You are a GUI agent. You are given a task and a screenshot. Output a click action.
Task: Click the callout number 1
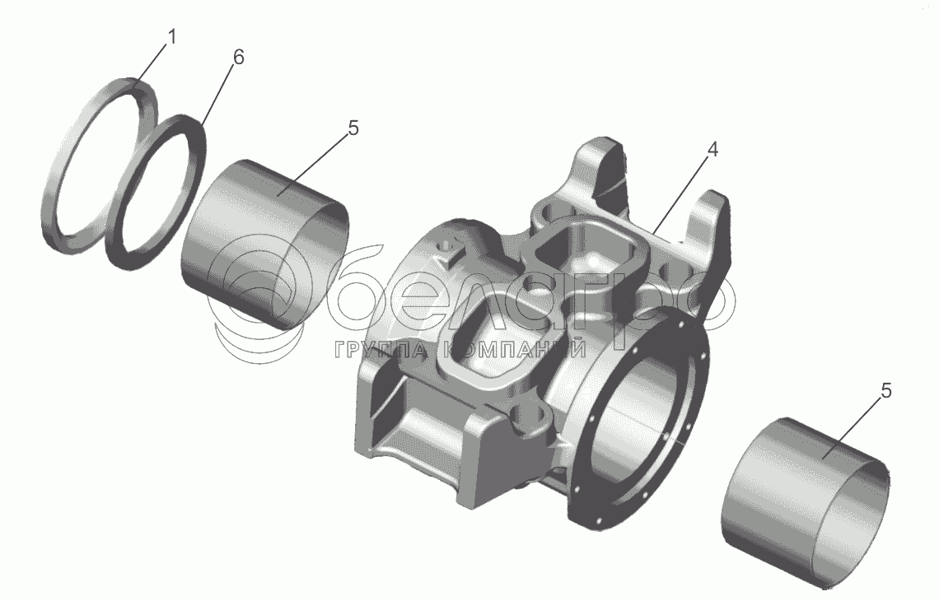coord(171,38)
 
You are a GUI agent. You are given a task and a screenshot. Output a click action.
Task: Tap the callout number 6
coord(238,58)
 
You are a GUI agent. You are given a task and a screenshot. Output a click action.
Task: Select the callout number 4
coord(712,150)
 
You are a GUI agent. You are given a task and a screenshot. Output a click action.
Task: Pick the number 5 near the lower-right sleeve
coord(885,390)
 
